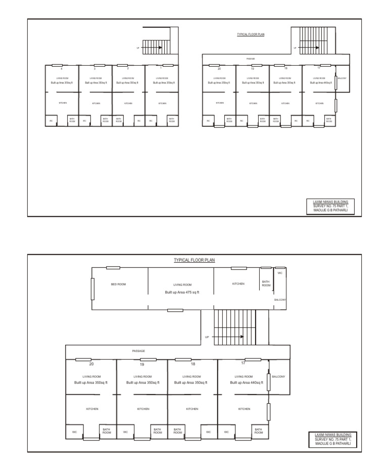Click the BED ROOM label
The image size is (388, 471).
(x=119, y=285)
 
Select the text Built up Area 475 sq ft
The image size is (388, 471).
(x=181, y=292)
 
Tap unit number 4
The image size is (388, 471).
(x=62, y=68)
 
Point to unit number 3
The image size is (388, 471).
(x=94, y=68)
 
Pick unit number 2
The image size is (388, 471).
(x=128, y=68)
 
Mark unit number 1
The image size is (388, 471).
(x=161, y=68)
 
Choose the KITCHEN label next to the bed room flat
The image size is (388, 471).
(x=238, y=284)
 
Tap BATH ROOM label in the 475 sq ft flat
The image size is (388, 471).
(x=266, y=284)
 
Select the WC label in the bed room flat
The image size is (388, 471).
(x=280, y=273)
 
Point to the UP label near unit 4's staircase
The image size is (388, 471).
(x=138, y=49)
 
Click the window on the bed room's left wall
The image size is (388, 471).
(x=93, y=289)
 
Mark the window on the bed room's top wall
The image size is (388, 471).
(x=113, y=267)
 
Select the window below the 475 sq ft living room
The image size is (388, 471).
(x=175, y=310)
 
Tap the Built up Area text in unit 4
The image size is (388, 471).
(x=62, y=83)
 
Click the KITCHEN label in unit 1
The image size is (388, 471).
(x=162, y=104)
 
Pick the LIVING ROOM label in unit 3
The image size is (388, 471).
(x=95, y=79)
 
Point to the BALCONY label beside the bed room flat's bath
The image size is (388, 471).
(x=280, y=300)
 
